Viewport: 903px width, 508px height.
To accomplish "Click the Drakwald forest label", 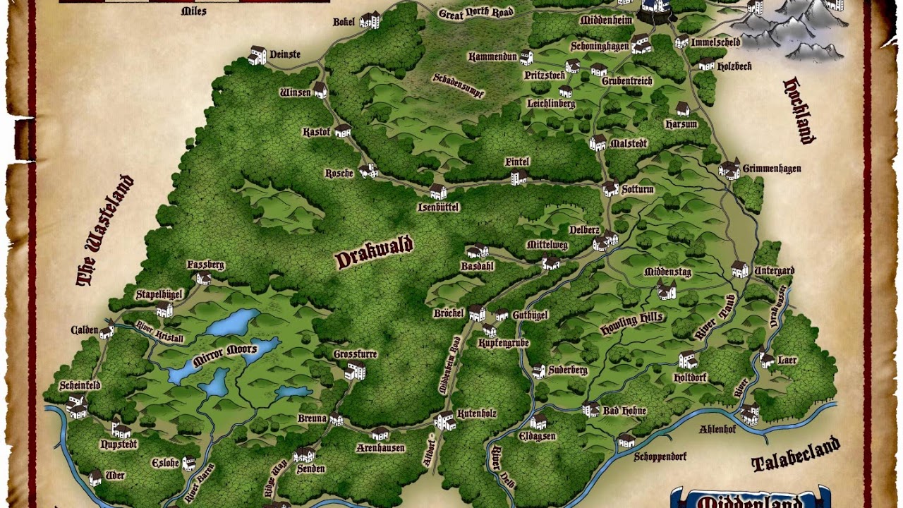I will click(374, 254).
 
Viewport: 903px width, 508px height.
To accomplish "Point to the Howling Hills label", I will click(631, 323).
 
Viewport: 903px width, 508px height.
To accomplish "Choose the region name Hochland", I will click(799, 110).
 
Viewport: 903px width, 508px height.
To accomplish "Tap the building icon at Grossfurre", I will click(356, 370).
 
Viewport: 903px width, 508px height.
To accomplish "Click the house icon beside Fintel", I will click(519, 176).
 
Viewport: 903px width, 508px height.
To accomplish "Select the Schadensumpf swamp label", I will click(459, 85).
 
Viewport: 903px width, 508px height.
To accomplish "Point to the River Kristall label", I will click(160, 332).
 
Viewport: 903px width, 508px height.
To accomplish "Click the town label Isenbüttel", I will click(438, 207).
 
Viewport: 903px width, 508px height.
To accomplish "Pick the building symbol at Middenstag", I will click(667, 289).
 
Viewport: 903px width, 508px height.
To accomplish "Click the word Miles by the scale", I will click(193, 11).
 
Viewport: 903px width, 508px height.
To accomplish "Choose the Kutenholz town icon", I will click(444, 421).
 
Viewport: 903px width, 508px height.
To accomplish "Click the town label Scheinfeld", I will click(80, 385).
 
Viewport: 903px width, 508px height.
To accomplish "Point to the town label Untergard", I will click(774, 271).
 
